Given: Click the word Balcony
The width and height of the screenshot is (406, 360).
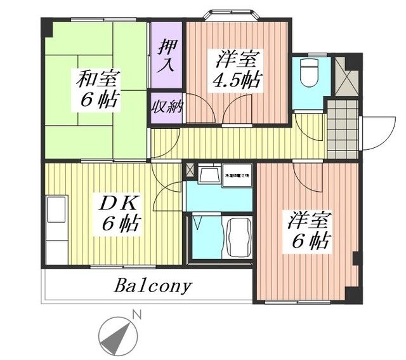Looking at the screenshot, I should (x=152, y=286).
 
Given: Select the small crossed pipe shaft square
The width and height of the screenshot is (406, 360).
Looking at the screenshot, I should (x=190, y=170).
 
